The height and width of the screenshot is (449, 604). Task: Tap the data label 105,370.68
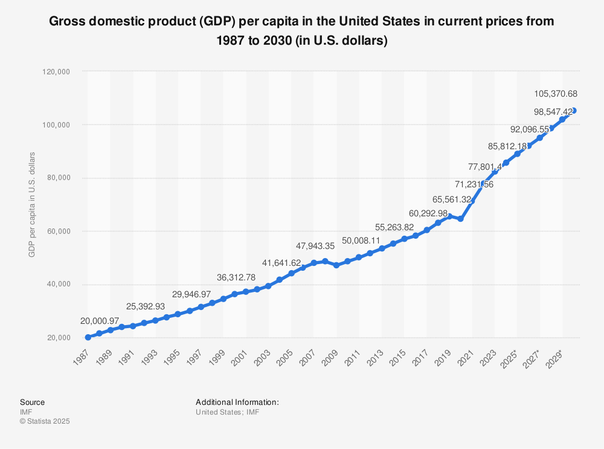(556, 94)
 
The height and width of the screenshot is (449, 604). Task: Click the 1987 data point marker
(88, 337)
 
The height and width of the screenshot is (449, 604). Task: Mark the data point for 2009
(336, 265)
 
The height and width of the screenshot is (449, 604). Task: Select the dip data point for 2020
(461, 219)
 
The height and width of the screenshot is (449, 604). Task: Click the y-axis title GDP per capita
(31, 204)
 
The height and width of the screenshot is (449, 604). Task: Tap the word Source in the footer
(32, 402)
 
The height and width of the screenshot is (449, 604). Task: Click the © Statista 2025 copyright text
(45, 421)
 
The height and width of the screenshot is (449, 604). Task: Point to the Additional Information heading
(237, 402)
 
